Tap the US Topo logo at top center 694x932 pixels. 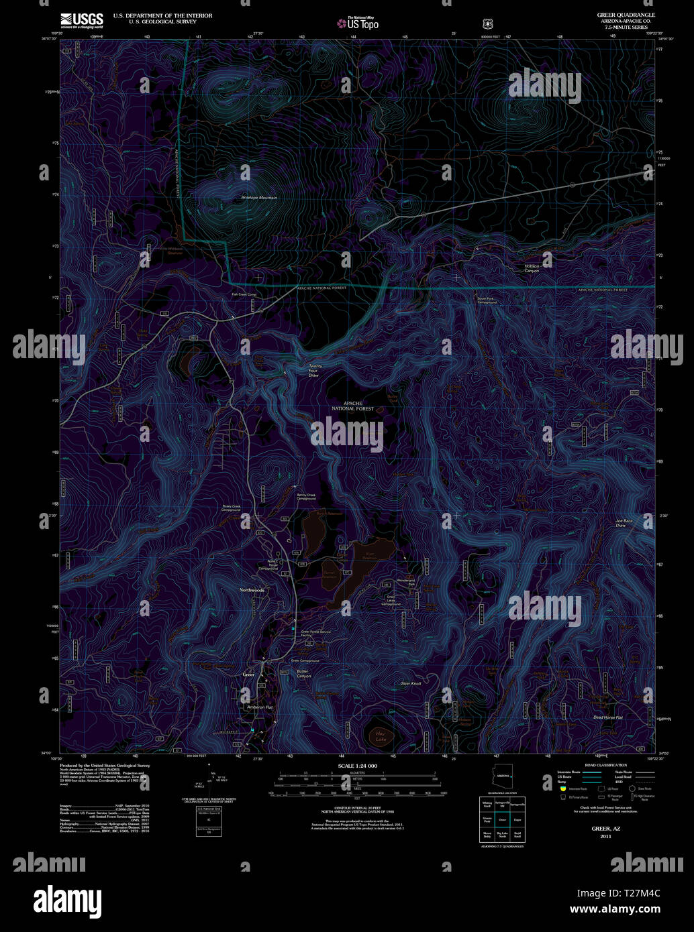tap(358, 23)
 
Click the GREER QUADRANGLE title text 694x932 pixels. tap(626, 14)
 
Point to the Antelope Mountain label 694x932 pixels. tap(258, 198)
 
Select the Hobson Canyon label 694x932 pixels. tap(532, 268)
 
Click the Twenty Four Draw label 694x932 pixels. tap(313, 371)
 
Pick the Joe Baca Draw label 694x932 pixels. tap(624, 523)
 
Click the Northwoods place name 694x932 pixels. tap(252, 590)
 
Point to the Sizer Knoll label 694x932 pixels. tap(411, 683)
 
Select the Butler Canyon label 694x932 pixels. tap(303, 673)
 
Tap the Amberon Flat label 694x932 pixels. tap(259, 707)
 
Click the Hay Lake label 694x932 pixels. tap(381, 737)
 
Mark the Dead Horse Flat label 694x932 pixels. tap(607, 717)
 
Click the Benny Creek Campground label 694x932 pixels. tap(306, 497)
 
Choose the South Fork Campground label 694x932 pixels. tap(487, 300)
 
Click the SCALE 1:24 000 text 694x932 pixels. tap(357, 766)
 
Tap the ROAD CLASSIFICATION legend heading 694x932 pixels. tap(605, 765)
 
